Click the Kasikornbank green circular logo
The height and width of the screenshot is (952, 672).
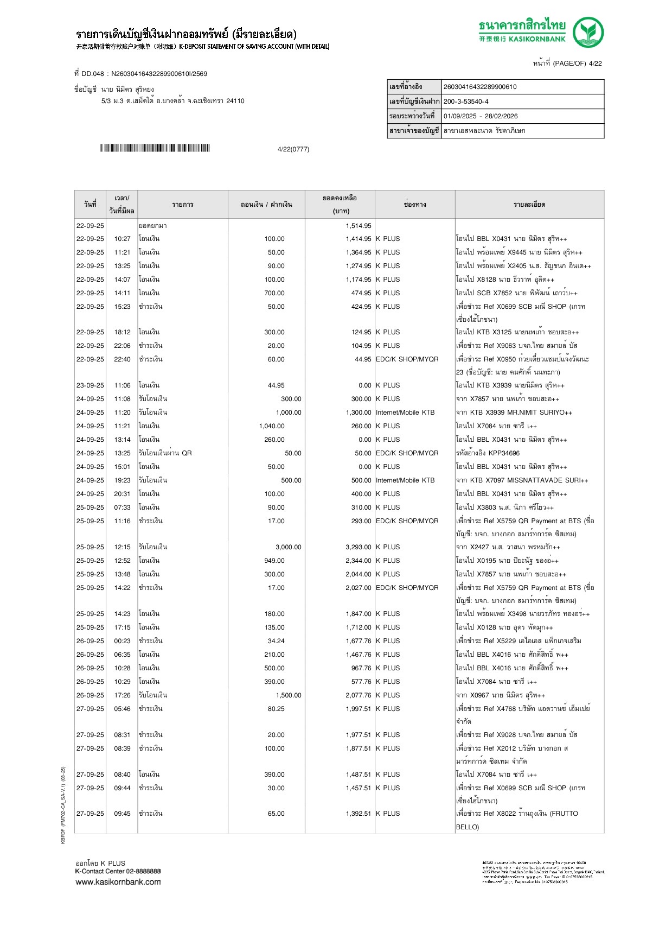pyautogui.click(x=588, y=32)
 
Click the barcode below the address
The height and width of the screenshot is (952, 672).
pyautogui.click(x=155, y=148)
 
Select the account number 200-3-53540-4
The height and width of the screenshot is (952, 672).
pyautogui.click(x=466, y=101)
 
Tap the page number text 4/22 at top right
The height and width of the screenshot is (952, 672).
pyautogui.click(x=595, y=64)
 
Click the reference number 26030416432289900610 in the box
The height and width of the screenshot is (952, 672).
pyautogui.click(x=480, y=87)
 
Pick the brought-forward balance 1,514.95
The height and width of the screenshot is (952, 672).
pyautogui.click(x=359, y=226)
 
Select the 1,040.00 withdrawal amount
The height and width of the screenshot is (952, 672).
pyautogui.click(x=272, y=426)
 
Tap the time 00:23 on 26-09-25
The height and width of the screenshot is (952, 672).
pyautogui.click(x=122, y=641)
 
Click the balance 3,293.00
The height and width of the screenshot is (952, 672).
pyautogui.click(x=359, y=547)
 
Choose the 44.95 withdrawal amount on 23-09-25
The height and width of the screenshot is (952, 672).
pyautogui.click(x=276, y=385)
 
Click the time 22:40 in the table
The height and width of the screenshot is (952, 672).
pyautogui.click(x=122, y=359)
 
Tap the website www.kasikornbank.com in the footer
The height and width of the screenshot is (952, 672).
pyautogui.click(x=118, y=882)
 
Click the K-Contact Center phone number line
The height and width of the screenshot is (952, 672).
pyautogui.click(x=118, y=871)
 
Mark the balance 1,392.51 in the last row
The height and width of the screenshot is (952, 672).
pyautogui.click(x=359, y=814)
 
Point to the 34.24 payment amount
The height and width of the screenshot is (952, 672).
pyautogui.click(x=276, y=641)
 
